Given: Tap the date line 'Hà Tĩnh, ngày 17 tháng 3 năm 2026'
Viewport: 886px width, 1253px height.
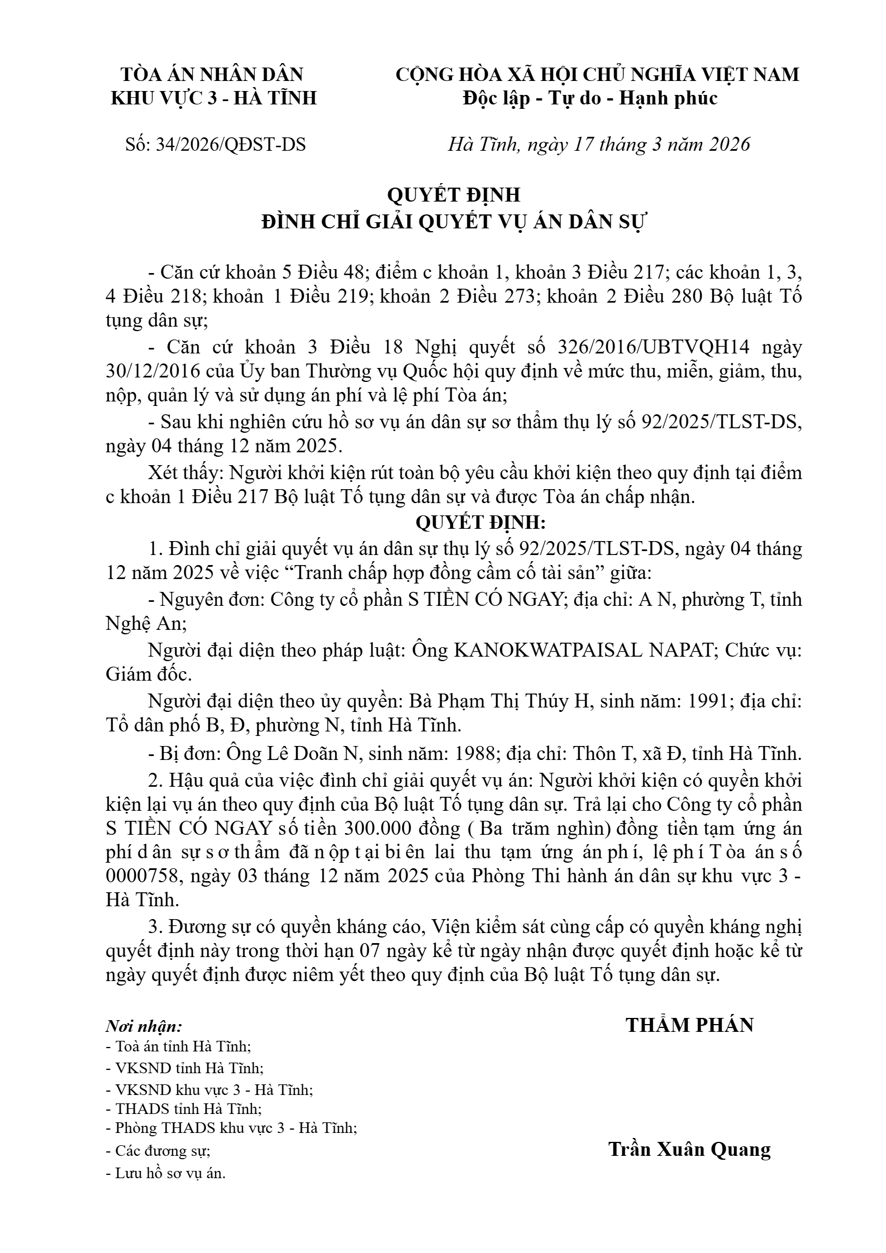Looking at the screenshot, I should click(598, 145).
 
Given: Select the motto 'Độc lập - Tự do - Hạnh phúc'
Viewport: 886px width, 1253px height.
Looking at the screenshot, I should click(590, 98).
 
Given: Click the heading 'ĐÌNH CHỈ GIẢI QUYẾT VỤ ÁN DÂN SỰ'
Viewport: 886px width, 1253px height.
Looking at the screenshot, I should click(453, 222).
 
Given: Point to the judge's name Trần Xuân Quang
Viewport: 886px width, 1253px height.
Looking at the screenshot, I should click(689, 1149).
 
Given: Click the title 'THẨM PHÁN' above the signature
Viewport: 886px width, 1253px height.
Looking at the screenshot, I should click(689, 1025).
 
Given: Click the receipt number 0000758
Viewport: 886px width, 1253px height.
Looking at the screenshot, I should click(143, 876).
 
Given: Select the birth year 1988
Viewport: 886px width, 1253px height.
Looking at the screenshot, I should click(478, 753).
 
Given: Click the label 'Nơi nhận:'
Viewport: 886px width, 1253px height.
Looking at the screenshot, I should click(144, 1026).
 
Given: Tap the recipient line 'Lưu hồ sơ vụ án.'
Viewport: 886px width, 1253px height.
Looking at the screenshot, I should click(165, 1173).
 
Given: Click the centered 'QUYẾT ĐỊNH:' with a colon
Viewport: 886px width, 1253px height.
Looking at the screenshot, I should click(480, 523).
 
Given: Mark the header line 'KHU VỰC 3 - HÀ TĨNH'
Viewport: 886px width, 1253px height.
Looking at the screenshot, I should click(214, 98).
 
